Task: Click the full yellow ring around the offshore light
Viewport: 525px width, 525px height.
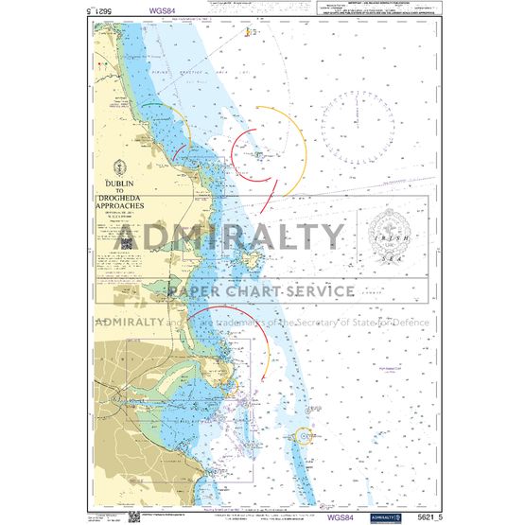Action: click(x=303, y=436)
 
